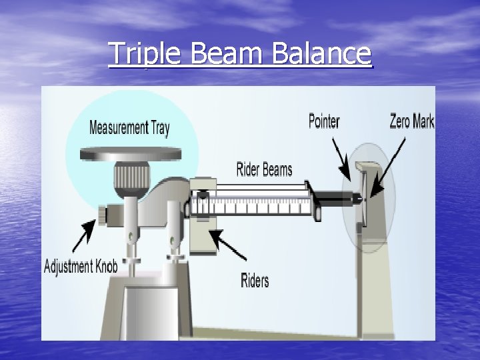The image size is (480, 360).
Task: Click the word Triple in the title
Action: tap(144, 53)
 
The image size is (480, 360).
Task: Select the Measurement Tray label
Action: tap(129, 127)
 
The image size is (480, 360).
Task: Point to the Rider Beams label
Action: tap(264, 169)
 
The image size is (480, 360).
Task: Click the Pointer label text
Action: tap(324, 121)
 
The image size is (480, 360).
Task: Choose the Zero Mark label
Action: tap(411, 121)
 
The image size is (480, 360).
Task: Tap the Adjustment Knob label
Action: tap(80, 267)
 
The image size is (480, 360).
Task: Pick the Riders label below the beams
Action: tap(255, 280)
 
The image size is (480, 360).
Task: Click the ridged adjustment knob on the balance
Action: tap(102, 215)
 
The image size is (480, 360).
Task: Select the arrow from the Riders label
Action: tap(226, 244)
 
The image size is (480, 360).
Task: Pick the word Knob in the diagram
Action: tap(105, 267)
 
